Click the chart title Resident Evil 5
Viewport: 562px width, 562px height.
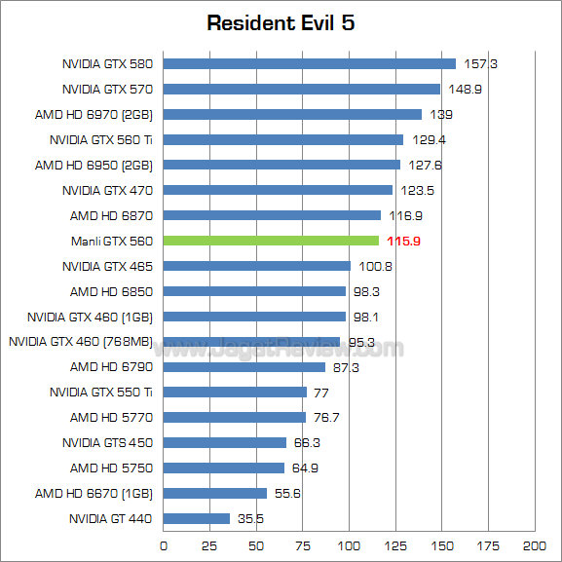click(281, 23)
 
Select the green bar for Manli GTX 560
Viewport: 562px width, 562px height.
click(271, 241)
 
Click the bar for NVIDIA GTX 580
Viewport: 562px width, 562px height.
click(309, 63)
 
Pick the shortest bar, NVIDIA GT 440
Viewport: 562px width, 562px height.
click(197, 519)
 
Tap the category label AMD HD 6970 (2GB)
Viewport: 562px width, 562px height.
click(94, 115)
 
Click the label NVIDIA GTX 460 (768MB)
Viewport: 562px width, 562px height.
click(80, 342)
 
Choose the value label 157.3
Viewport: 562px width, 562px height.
click(480, 64)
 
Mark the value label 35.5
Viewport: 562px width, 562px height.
click(253, 519)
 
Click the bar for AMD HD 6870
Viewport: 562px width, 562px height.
click(272, 215)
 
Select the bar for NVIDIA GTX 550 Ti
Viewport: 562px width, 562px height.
click(235, 393)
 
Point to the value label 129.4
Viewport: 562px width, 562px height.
click(428, 140)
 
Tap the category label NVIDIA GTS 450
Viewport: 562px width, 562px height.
click(107, 443)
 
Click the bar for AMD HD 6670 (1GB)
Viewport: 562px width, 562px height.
click(215, 494)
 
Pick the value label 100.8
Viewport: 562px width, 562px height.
click(375, 266)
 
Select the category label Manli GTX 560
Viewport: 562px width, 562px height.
click(111, 241)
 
